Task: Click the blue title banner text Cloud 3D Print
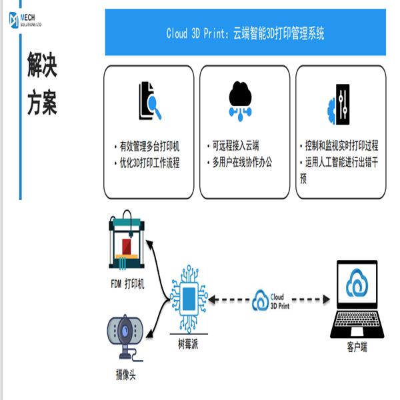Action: [x=245, y=33]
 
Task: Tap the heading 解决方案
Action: [x=42, y=85]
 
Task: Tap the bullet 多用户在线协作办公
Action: [x=242, y=163]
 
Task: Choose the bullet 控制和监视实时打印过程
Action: [x=340, y=146]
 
